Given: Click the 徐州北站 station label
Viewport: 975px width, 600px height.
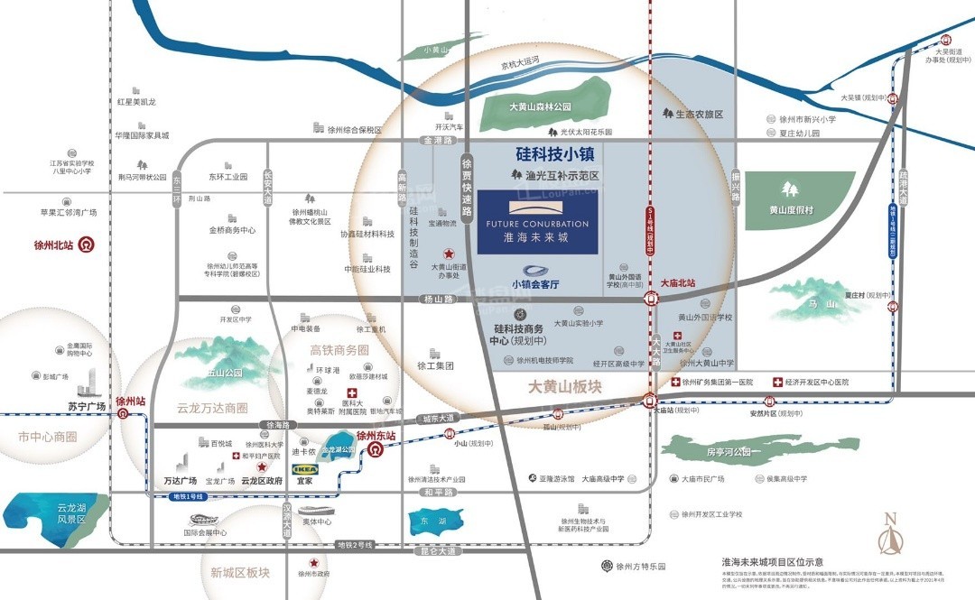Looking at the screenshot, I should [x=51, y=245].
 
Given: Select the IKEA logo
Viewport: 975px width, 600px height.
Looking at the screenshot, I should [x=304, y=469].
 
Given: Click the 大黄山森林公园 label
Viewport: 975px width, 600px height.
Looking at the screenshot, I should [x=540, y=106].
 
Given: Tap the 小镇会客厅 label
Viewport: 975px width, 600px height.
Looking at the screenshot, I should [x=535, y=284].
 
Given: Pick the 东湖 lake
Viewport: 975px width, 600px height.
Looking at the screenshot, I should [x=426, y=522].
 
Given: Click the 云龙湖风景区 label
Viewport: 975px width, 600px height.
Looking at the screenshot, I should [x=70, y=513].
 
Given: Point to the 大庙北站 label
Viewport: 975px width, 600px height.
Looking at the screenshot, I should [x=679, y=283].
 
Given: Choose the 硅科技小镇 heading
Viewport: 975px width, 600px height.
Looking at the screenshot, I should [x=554, y=154].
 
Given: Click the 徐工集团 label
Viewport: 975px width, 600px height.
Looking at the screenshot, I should [x=434, y=366].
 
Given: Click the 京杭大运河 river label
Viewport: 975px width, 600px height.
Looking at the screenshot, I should [x=520, y=63].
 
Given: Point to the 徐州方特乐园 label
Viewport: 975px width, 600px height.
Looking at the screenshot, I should [x=640, y=567].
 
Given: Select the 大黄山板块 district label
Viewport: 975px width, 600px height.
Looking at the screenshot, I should [x=564, y=387].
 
